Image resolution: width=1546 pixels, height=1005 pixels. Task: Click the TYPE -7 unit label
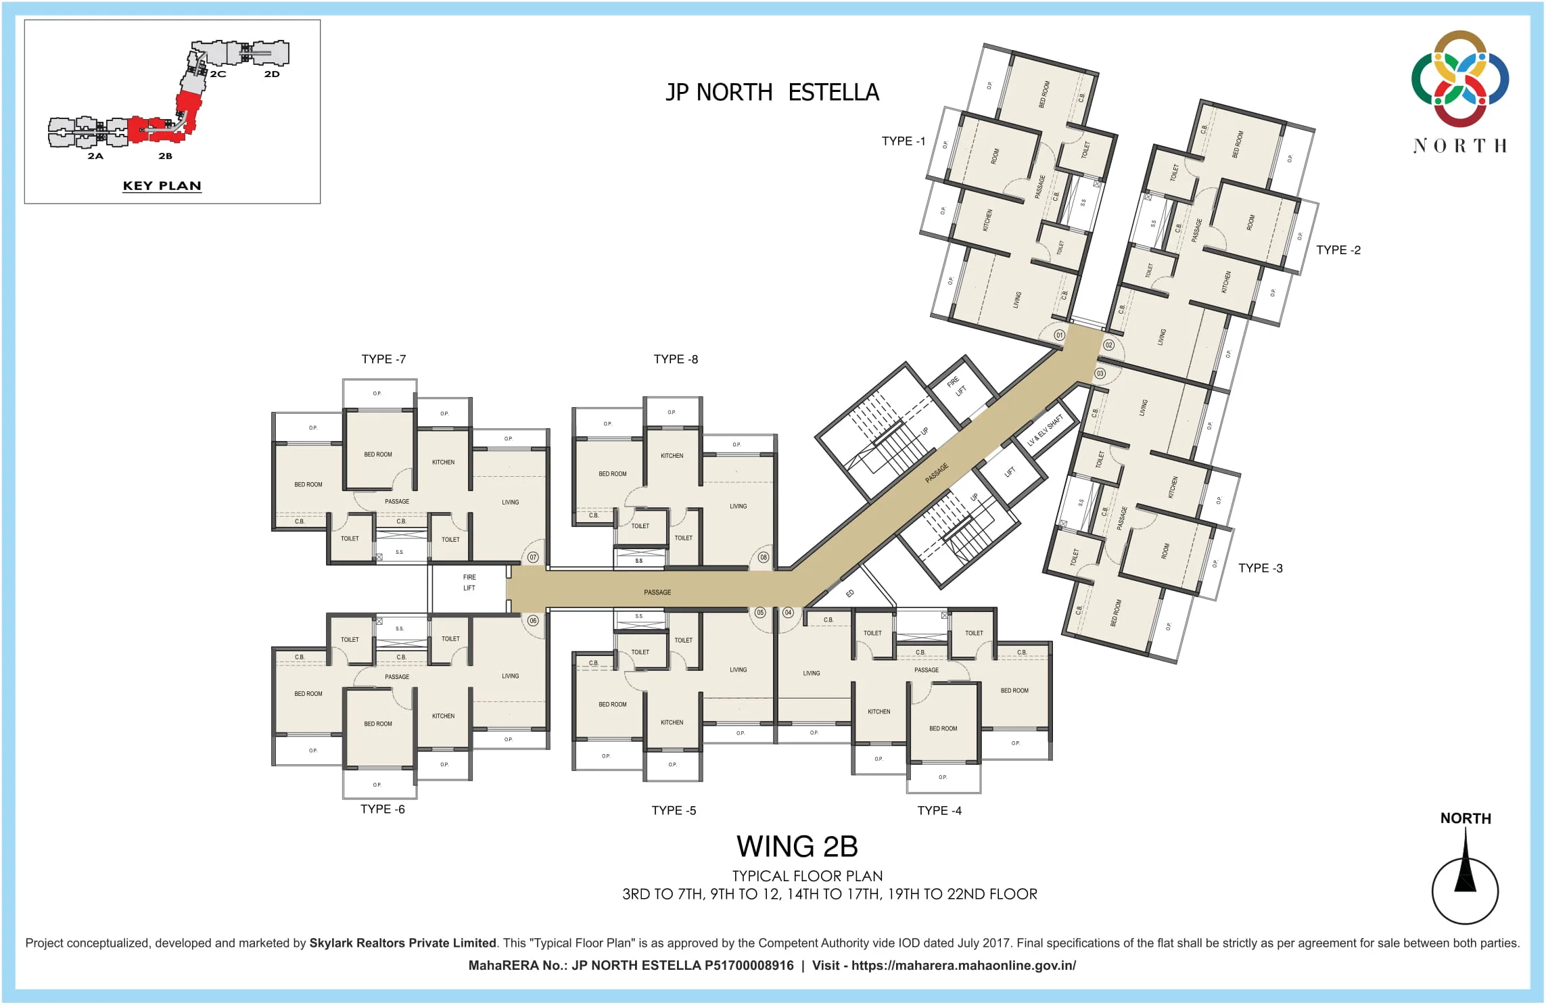pyautogui.click(x=383, y=359)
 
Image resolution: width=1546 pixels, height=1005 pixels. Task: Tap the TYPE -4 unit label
pyautogui.click(x=939, y=810)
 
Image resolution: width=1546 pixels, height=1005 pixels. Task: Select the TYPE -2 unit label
pyautogui.click(x=1338, y=250)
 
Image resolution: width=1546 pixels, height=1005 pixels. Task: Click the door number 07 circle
pyautogui.click(x=533, y=557)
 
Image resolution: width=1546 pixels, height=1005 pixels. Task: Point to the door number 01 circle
pyautogui.click(x=1059, y=335)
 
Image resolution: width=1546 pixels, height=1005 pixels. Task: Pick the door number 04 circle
pyautogui.click(x=788, y=613)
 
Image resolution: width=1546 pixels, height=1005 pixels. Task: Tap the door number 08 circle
pyautogui.click(x=763, y=557)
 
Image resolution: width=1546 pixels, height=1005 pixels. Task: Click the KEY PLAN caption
pyautogui.click(x=162, y=186)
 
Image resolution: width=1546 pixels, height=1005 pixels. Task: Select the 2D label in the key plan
pyautogui.click(x=272, y=74)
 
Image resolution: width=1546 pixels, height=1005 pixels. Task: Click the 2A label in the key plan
pyautogui.click(x=95, y=156)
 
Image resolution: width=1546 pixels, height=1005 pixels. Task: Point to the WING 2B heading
pyautogui.click(x=797, y=847)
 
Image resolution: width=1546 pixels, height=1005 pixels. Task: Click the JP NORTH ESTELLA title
pyautogui.click(x=772, y=93)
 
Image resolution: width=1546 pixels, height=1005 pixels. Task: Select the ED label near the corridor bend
pyautogui.click(x=849, y=594)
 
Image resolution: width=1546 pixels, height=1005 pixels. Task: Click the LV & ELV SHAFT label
pyautogui.click(x=1045, y=430)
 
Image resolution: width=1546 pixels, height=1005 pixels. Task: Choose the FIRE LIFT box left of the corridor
pyautogui.click(x=469, y=582)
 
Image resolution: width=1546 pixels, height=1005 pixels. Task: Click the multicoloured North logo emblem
pyautogui.click(x=1459, y=78)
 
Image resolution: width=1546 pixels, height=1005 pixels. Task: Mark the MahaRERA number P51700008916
pyautogui.click(x=749, y=966)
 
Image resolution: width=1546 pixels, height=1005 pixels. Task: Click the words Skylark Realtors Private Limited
pyautogui.click(x=402, y=943)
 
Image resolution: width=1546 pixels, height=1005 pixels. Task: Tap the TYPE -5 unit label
pyautogui.click(x=674, y=810)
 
